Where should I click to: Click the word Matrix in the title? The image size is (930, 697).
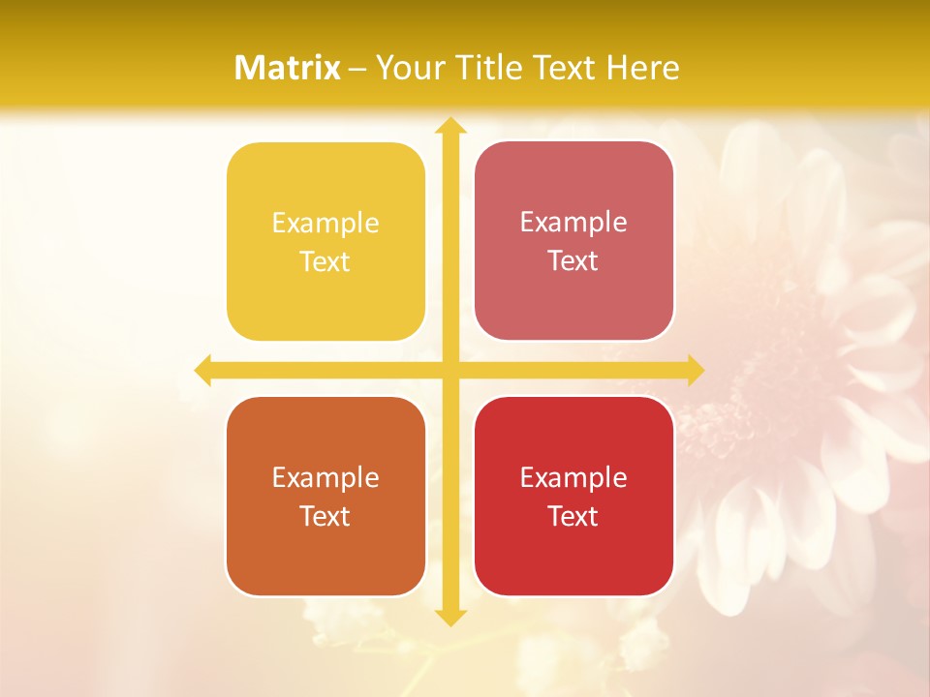(288, 68)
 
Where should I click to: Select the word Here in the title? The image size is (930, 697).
(642, 68)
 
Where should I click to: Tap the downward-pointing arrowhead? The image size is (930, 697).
(449, 617)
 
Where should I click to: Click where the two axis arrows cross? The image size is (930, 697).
(449, 370)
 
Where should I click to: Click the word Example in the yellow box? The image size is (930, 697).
(325, 224)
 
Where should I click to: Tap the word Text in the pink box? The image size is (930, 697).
(573, 261)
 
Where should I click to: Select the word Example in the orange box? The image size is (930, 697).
(325, 477)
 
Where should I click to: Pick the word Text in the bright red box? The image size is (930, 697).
(573, 516)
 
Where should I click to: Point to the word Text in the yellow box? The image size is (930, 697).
(325, 262)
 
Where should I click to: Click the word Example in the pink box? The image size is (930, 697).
(573, 223)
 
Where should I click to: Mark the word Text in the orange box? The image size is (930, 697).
(325, 516)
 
